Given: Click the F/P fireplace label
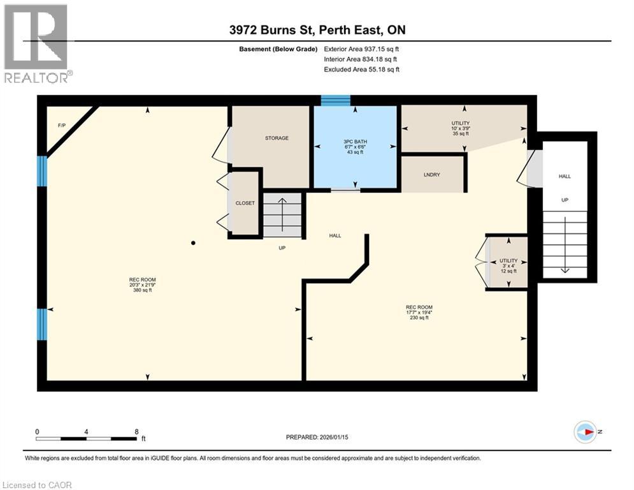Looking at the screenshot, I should coord(61,125).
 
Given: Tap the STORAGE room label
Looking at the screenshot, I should coord(277,138).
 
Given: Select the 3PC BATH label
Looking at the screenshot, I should coord(356,142).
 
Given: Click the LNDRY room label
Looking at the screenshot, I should coord(432,174).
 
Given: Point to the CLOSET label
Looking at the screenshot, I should coord(245,203).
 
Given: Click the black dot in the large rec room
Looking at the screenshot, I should coord(193,242).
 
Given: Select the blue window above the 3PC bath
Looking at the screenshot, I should coord(335,100).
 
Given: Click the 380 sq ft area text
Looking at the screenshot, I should coord(143,290).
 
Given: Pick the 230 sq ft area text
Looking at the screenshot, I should coord(419,318).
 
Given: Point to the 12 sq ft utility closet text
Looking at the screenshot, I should coord(508,271).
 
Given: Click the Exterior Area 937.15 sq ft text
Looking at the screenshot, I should coord(361,48).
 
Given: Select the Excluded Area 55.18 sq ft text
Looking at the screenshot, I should coord(361,69).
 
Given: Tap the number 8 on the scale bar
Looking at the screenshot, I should coord(136,431).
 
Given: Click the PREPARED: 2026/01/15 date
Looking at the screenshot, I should coord(322,437).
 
